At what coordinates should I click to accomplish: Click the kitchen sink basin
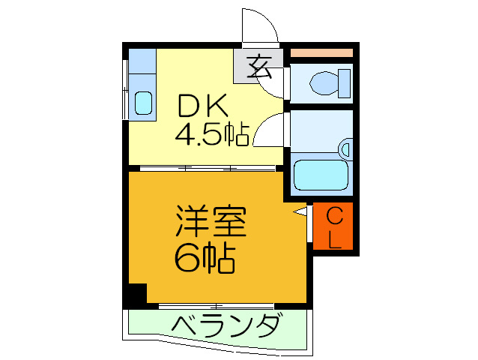[x=143, y=102]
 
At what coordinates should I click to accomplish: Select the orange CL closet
[x=334, y=228]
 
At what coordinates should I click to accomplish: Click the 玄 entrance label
[x=259, y=67]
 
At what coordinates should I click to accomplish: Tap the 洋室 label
[x=211, y=223]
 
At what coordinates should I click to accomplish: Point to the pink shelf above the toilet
[x=321, y=52]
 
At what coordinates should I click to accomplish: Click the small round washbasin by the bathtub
[x=345, y=148]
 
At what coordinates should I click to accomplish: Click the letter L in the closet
[x=335, y=239]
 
